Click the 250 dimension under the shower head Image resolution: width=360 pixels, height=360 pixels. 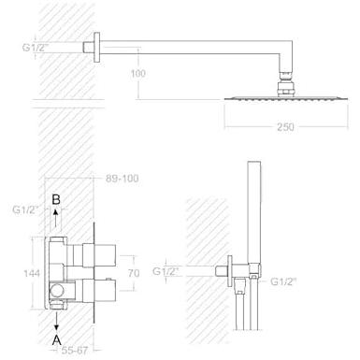click(x=285, y=127)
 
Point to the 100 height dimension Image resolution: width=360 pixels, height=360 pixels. click(x=138, y=74)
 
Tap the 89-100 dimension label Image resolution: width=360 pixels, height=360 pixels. click(x=122, y=179)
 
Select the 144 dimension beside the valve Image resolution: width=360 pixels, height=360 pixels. click(x=32, y=273)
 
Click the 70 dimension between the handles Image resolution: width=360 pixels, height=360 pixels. click(x=134, y=273)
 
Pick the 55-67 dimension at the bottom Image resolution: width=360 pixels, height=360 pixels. click(x=75, y=351)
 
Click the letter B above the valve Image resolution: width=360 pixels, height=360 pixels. click(x=56, y=199)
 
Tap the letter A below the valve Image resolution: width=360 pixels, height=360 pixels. click(x=56, y=340)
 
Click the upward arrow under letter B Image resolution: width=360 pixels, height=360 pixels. click(x=56, y=218)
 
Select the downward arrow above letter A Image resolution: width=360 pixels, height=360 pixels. click(x=56, y=321)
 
